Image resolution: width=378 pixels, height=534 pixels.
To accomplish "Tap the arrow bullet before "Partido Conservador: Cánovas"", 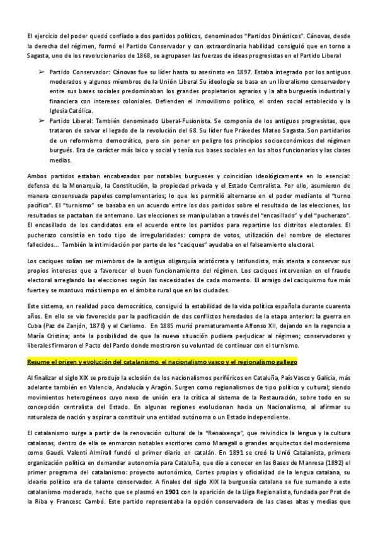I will pos(42,73).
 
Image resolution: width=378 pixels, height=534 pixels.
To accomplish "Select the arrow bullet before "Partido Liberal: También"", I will pos(42,119).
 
